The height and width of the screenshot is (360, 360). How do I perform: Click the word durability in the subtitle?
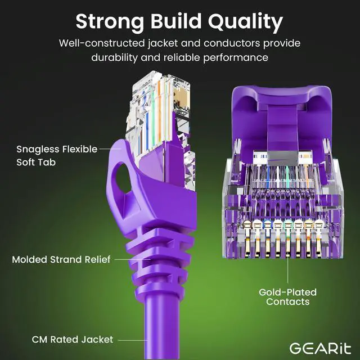pos(115,57)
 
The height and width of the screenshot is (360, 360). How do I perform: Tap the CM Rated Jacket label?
pos(64,339)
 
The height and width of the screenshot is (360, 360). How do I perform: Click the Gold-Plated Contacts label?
pos(287,297)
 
